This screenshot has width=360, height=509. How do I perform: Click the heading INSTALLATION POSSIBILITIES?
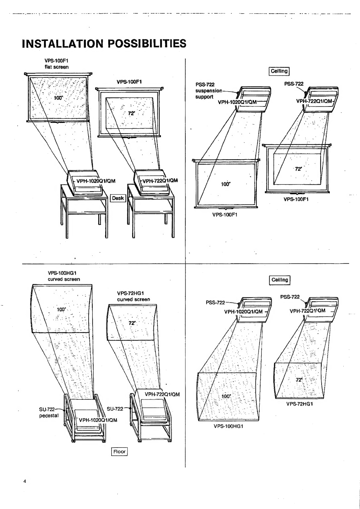point(104,44)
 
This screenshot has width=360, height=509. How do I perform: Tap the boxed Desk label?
point(118,198)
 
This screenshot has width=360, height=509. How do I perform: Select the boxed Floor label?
point(119,452)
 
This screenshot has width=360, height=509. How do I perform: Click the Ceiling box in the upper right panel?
point(279,71)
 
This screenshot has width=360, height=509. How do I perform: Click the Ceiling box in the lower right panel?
point(280,280)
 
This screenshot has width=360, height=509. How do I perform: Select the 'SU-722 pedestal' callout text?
point(49,413)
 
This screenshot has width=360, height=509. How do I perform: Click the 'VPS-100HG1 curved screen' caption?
point(64,276)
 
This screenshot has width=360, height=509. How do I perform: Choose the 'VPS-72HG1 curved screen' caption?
point(133,296)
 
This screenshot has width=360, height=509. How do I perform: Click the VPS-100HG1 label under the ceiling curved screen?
point(228,426)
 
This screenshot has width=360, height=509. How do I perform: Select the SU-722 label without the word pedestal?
point(115,409)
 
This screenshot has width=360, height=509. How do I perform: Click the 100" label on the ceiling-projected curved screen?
point(226,396)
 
